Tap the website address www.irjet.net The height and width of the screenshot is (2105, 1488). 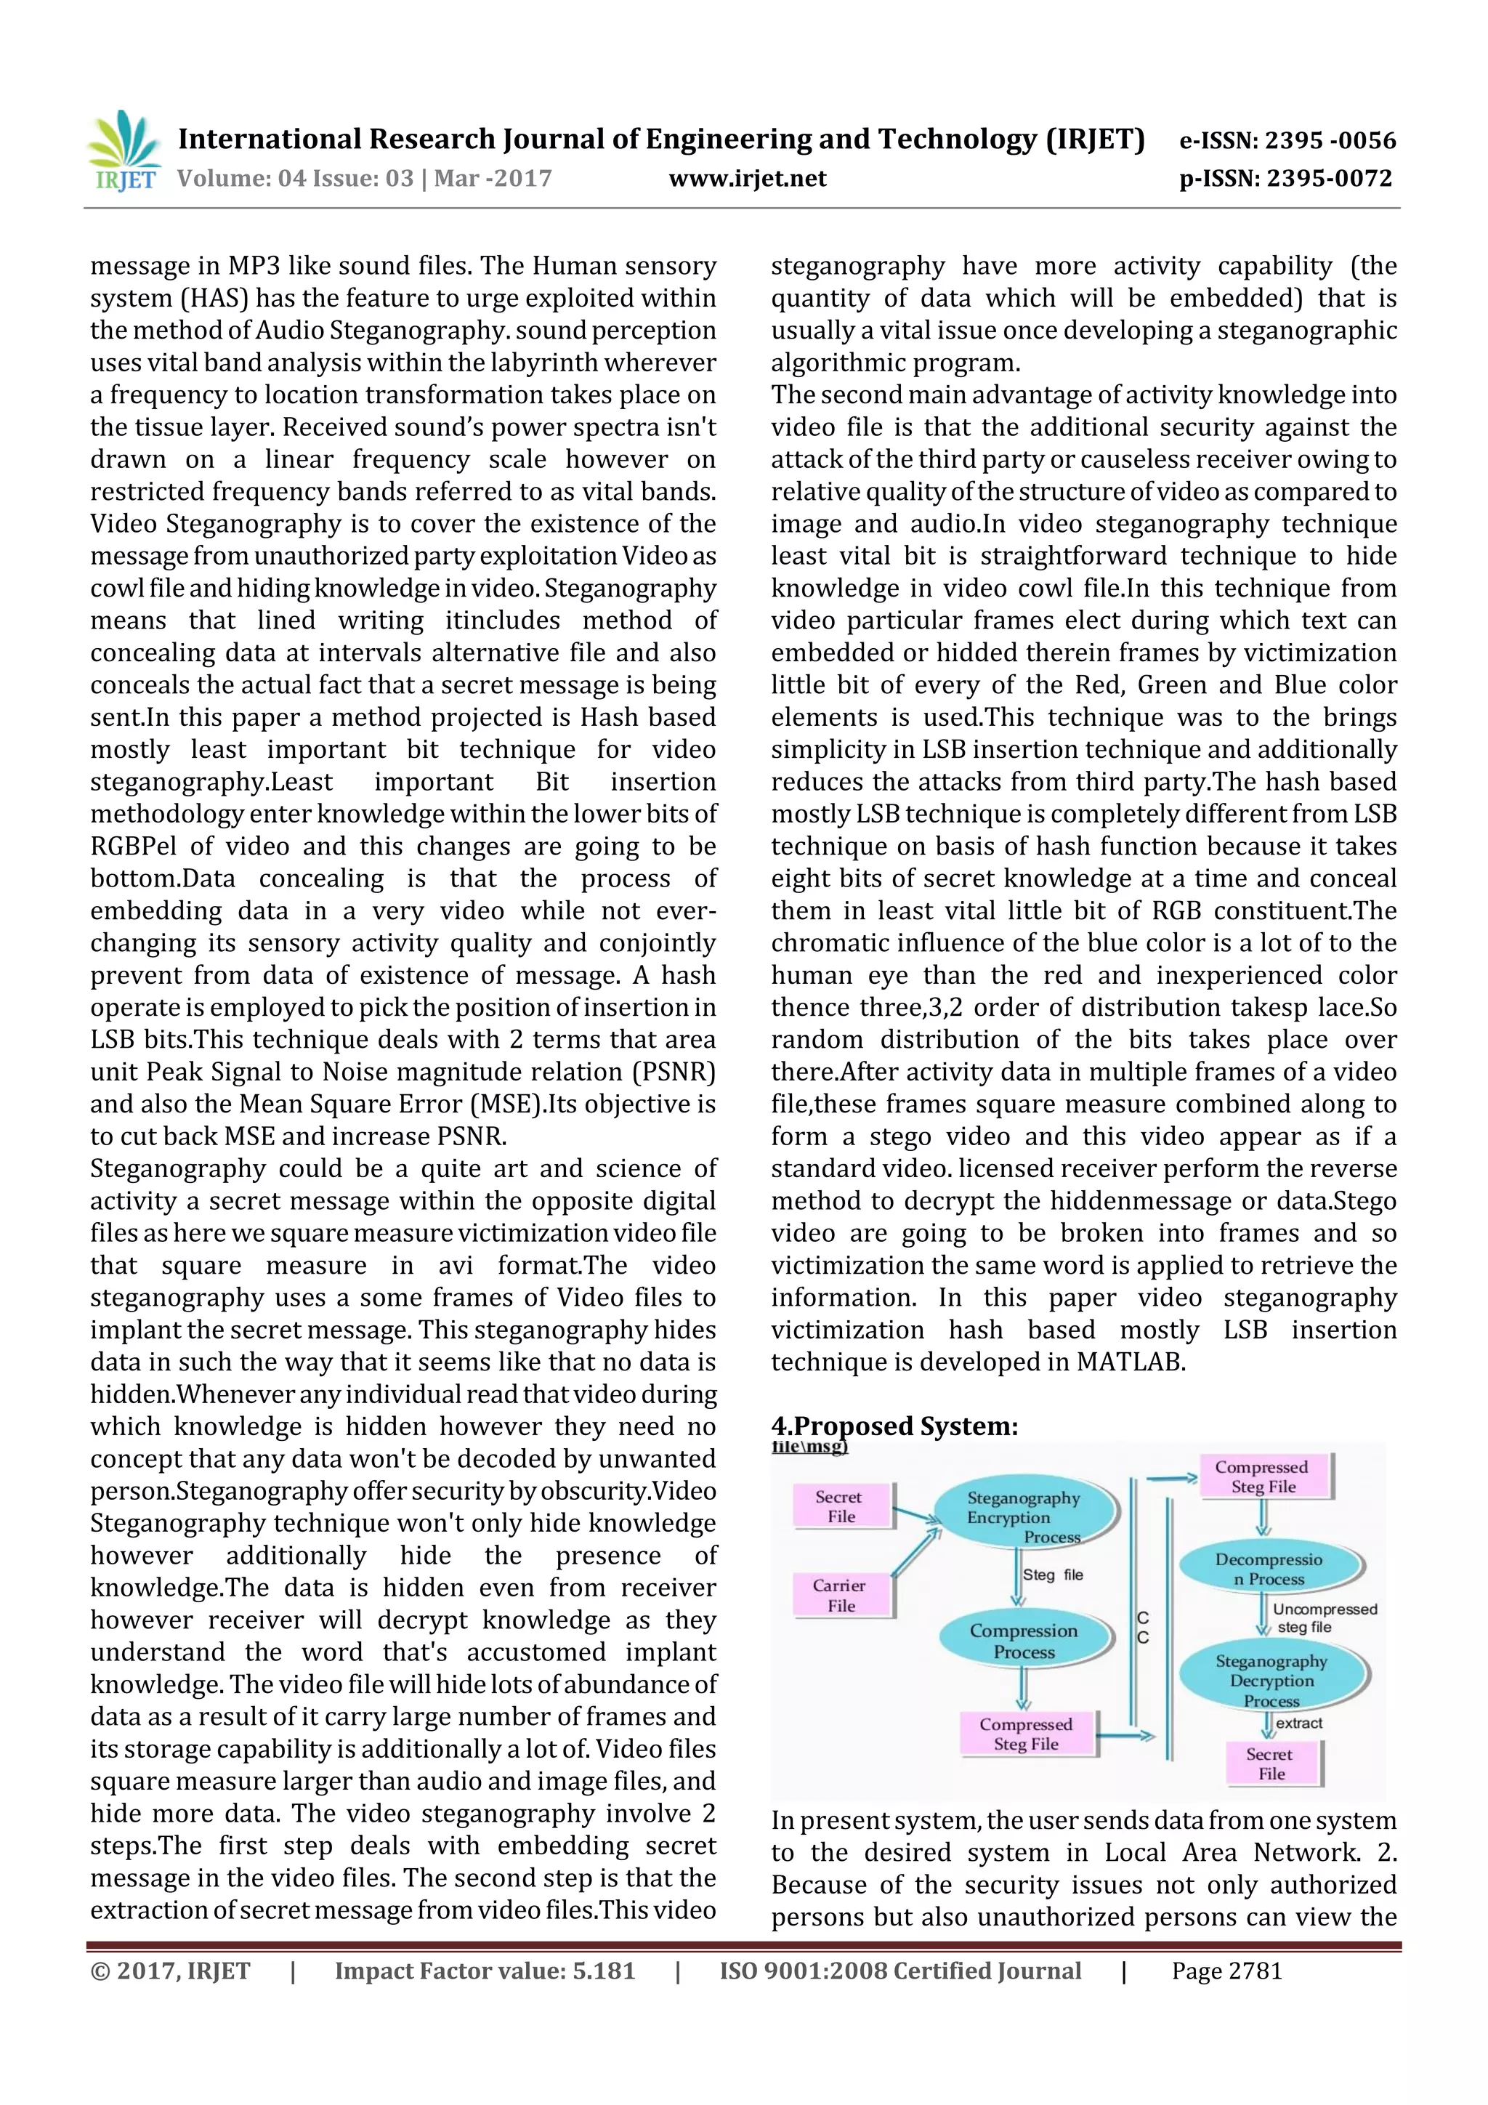coord(747,179)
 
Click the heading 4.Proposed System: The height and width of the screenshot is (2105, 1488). coord(894,1426)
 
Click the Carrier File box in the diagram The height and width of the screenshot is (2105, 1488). coord(841,1595)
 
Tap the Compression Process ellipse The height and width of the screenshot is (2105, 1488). coord(1024,1641)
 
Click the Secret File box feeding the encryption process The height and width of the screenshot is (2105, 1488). coord(840,1506)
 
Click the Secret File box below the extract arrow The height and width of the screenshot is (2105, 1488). coord(1271,1764)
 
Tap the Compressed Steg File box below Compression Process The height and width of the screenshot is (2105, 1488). coord(1026,1734)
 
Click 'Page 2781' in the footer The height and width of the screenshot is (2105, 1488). coord(1226,1971)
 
